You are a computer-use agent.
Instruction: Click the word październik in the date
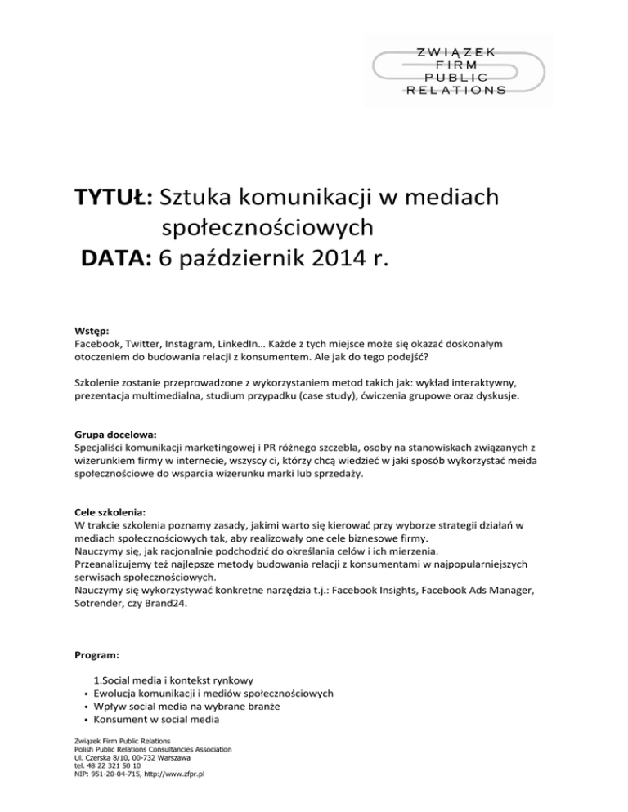coord(245,261)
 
